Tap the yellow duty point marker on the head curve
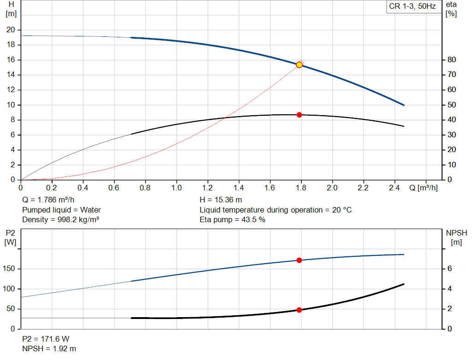click(299, 65)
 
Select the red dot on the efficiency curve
click(299, 115)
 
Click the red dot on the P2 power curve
click(299, 260)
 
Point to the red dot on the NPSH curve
click(299, 310)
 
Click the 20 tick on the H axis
click(11, 30)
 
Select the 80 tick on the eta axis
click(452, 59)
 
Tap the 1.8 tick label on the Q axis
click(301, 188)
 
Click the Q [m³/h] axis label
click(424, 188)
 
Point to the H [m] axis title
click(11, 9)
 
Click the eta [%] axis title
click(451, 9)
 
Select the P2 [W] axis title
click(10, 237)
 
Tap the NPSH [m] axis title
click(456, 237)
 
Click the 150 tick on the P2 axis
click(9, 268)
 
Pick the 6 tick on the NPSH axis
click(449, 268)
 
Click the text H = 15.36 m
click(221, 200)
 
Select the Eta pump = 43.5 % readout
click(232, 220)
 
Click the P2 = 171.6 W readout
click(46, 339)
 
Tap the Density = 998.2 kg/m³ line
click(60, 220)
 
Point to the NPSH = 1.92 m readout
click(49, 348)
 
